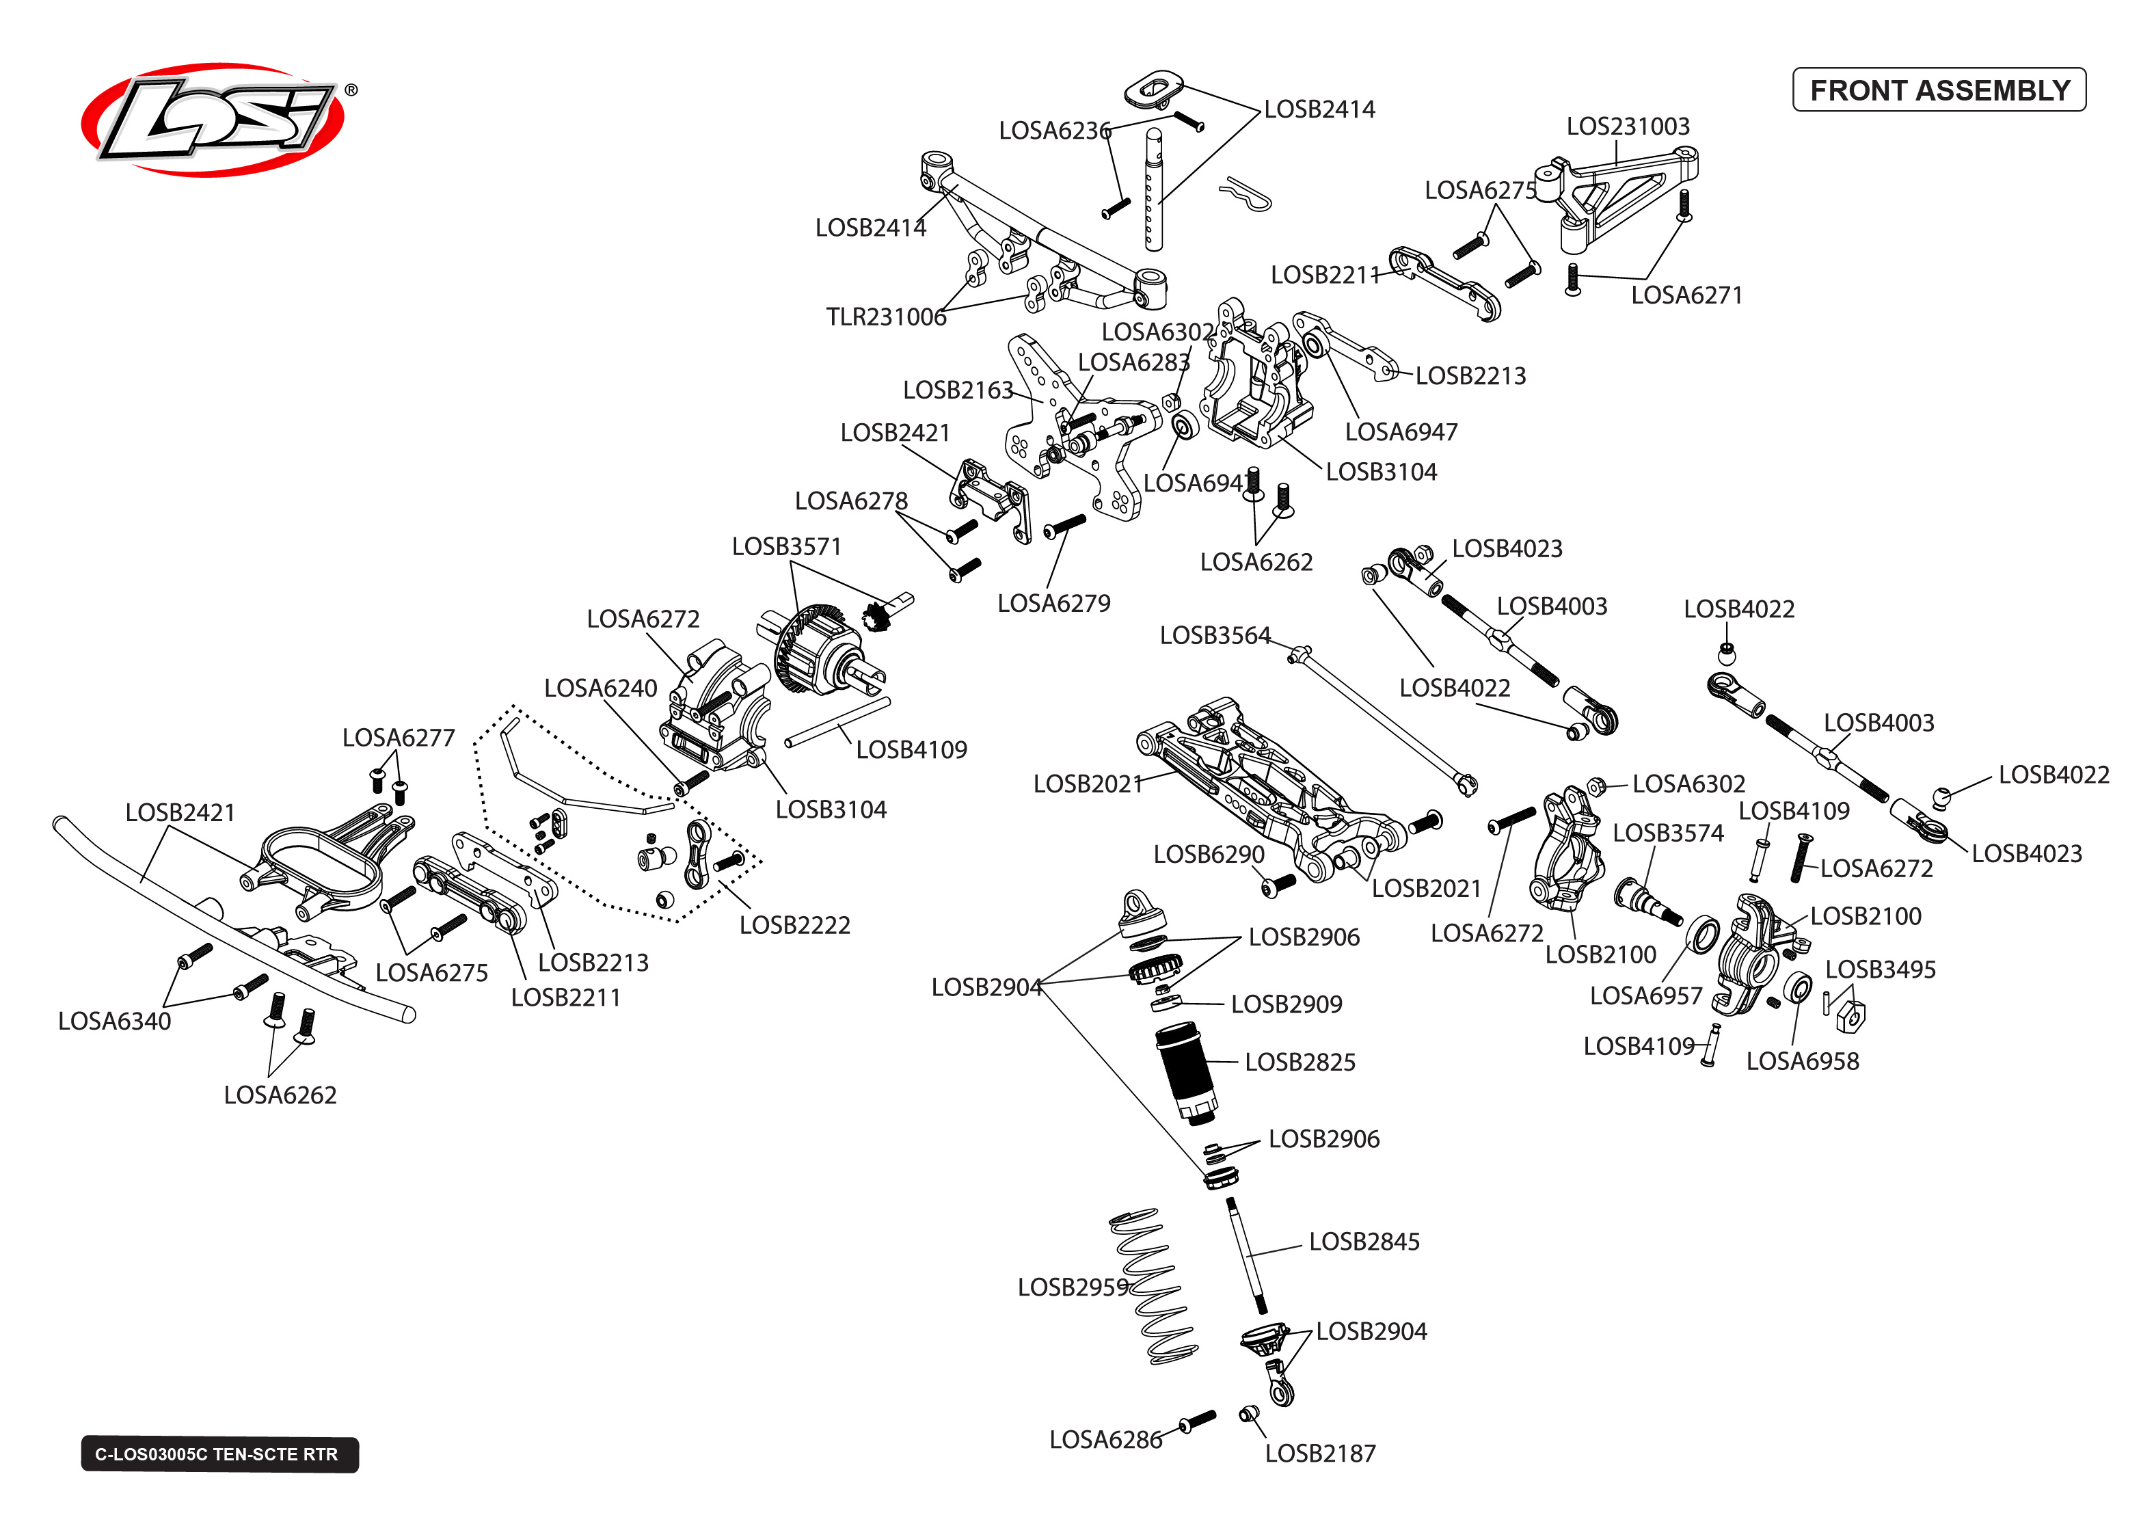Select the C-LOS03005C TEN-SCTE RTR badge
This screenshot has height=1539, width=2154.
(x=219, y=1454)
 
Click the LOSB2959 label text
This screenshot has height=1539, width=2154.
(x=1073, y=1287)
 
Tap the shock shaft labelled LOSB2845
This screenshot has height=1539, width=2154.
(x=1247, y=1256)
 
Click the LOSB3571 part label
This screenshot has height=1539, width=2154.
(x=785, y=547)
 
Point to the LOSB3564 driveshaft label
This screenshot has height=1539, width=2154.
(x=1214, y=635)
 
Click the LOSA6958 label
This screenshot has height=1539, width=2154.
(x=1802, y=1061)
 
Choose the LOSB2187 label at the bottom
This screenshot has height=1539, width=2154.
(x=1319, y=1453)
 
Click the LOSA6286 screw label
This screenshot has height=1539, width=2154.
(x=1105, y=1439)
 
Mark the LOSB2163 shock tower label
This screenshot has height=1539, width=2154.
(x=957, y=390)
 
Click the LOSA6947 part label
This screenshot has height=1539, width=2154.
(x=1400, y=432)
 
